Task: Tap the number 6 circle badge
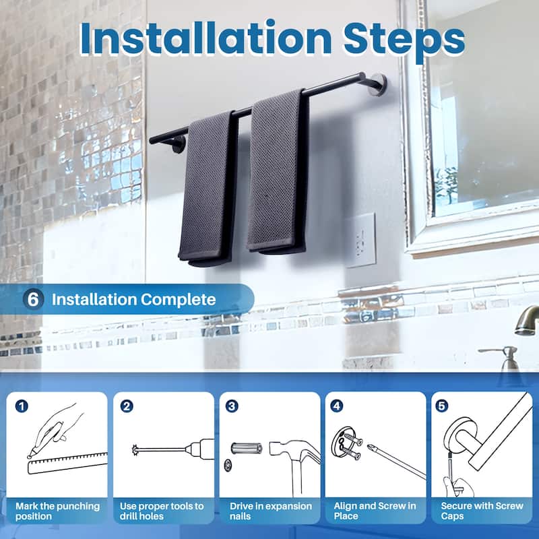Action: pos(33,299)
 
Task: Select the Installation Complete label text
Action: pos(134,299)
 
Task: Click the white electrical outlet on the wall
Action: pos(360,240)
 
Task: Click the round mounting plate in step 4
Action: pos(345,444)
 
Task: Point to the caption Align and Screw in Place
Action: pos(375,511)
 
